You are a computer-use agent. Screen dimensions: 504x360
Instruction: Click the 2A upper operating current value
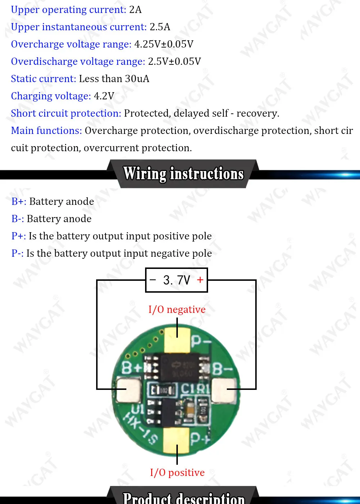click(135, 10)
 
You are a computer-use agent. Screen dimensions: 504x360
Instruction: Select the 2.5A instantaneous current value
click(160, 27)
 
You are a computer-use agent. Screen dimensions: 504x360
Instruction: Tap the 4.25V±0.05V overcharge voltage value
click(164, 44)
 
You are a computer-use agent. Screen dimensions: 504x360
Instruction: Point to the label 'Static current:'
click(44, 79)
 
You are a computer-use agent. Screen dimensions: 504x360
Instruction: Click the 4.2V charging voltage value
click(104, 96)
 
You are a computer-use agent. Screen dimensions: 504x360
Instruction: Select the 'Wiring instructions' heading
click(183, 174)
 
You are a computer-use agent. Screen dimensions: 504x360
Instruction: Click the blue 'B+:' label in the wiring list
click(19, 202)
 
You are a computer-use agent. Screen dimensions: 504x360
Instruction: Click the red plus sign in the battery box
click(200, 280)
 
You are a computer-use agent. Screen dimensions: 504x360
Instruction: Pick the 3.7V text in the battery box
click(176, 280)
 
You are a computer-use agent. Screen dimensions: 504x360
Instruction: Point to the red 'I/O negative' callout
click(177, 310)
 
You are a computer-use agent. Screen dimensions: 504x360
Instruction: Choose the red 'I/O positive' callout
click(177, 473)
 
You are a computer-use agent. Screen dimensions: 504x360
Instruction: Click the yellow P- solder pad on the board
click(177, 340)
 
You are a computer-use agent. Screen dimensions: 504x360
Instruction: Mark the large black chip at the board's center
click(179, 367)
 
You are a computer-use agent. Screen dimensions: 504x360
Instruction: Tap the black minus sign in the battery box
click(153, 280)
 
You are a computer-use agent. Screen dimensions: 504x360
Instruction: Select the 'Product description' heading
click(183, 498)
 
